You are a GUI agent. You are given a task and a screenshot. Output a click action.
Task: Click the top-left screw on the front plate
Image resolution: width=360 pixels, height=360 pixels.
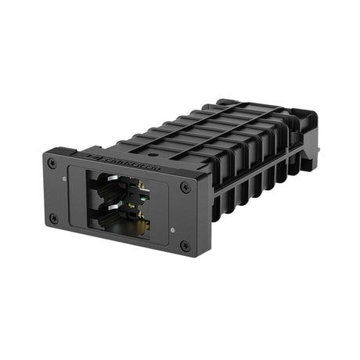point(52,163)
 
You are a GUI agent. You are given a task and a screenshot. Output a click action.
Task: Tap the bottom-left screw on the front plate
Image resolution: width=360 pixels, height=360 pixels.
point(53,218)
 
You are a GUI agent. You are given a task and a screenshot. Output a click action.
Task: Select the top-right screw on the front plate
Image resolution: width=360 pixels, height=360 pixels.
point(185,187)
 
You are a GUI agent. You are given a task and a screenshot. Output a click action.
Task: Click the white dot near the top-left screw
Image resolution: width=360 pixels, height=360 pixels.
point(63,165)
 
